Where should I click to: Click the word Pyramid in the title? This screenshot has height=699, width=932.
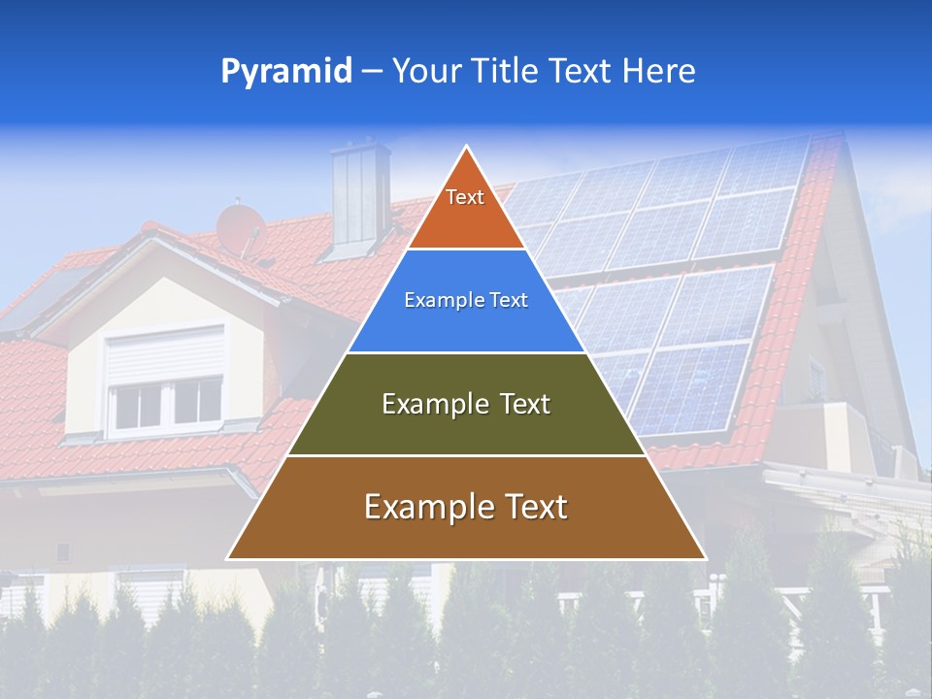coord(286,72)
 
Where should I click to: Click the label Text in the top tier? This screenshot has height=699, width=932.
coord(465,197)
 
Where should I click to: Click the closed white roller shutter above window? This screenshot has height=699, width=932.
coord(163,354)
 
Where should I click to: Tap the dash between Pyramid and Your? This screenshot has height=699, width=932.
coord(372,72)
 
